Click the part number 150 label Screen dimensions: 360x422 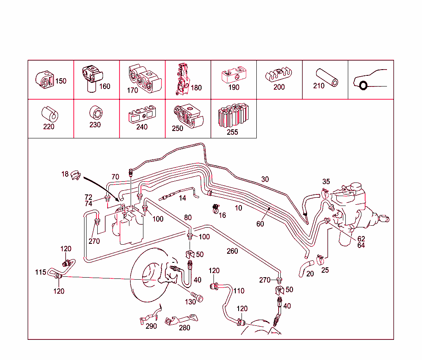[61, 81]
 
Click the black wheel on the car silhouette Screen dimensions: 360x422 [363, 86]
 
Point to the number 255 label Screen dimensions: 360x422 [232, 132]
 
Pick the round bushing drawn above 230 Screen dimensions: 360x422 [95, 112]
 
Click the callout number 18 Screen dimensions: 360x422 [65, 174]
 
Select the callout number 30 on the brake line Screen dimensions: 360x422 [265, 179]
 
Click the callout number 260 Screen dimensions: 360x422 [232, 251]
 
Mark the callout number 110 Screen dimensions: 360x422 [239, 291]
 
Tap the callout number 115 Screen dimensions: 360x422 [40, 272]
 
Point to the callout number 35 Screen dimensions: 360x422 [326, 181]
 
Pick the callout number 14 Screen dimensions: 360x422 [182, 198]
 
